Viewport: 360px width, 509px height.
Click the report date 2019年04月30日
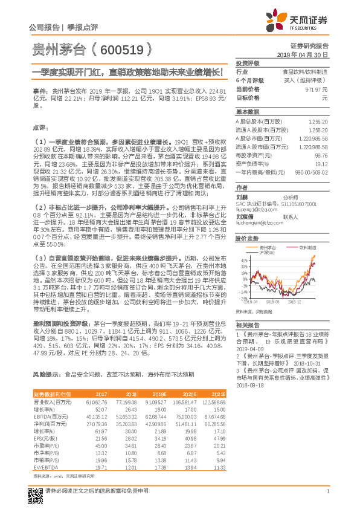point(306,54)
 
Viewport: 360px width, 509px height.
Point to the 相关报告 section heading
point(246,326)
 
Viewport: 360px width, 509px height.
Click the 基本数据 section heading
point(246,112)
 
